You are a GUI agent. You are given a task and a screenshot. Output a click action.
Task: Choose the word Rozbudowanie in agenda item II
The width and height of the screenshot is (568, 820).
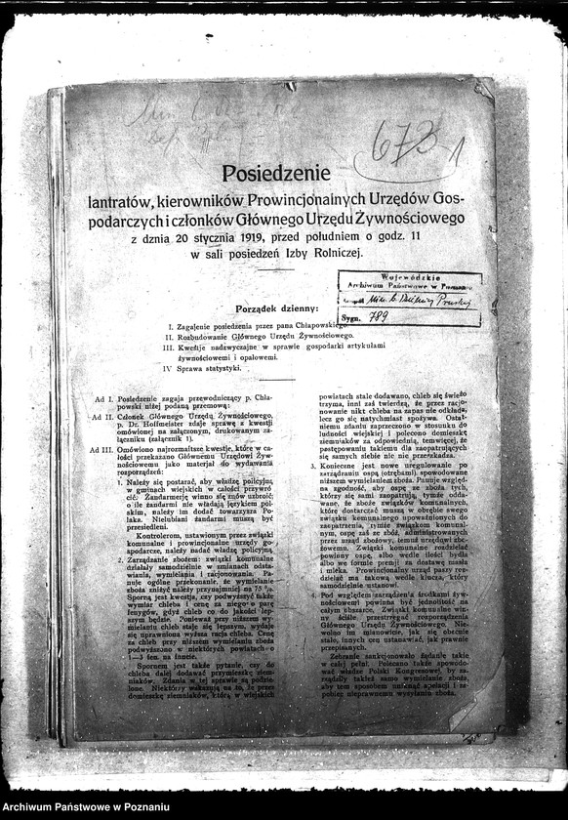[203, 334]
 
